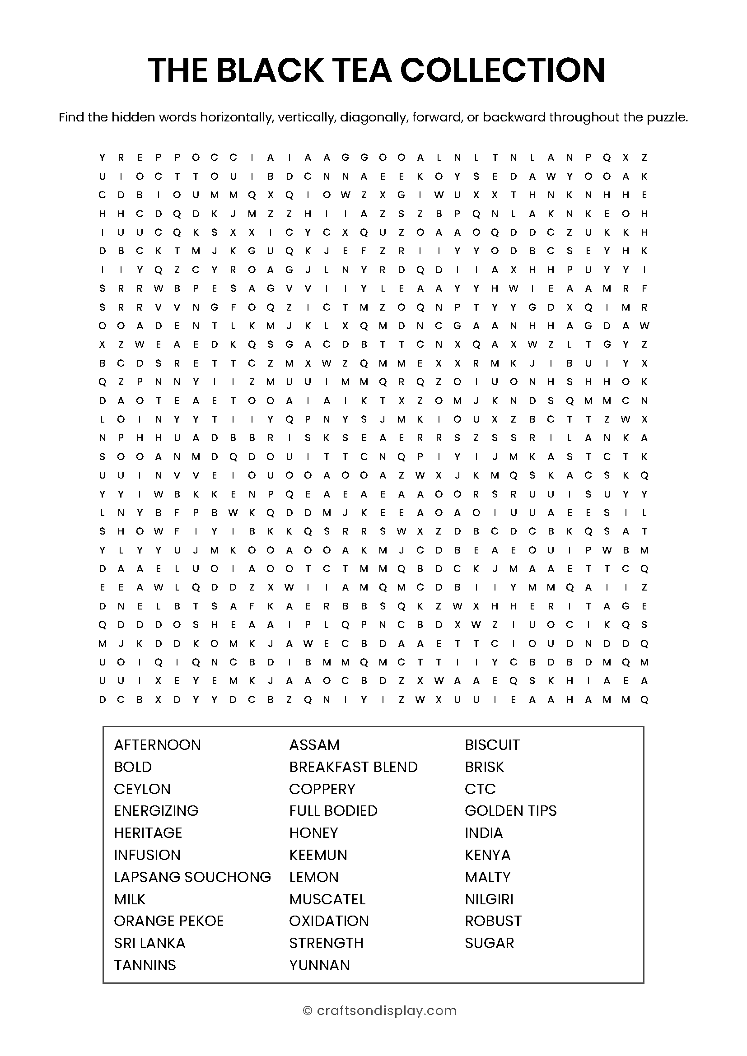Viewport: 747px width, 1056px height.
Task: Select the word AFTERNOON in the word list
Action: pos(157,744)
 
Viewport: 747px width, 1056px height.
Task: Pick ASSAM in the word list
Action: pos(314,744)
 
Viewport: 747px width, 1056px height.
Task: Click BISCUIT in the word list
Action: pos(492,744)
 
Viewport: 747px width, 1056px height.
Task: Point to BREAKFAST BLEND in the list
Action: pos(353,767)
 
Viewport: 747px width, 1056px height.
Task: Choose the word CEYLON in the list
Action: pos(142,789)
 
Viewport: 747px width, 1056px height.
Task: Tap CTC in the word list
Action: pos(480,789)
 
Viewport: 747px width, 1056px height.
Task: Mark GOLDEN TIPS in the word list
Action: pos(511,810)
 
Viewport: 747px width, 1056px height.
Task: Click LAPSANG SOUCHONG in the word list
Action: pos(192,877)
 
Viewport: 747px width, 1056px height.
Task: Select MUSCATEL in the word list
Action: pos(327,899)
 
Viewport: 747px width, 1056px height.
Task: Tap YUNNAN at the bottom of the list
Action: pos(319,965)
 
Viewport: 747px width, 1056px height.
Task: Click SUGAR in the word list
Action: pos(489,943)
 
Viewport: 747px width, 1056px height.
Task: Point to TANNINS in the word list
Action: pos(145,965)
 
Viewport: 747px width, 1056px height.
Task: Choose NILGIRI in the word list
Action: pos(489,899)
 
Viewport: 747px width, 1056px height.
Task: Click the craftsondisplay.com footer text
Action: pos(387,1010)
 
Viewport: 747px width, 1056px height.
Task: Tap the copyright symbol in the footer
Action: pos(307,1011)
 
